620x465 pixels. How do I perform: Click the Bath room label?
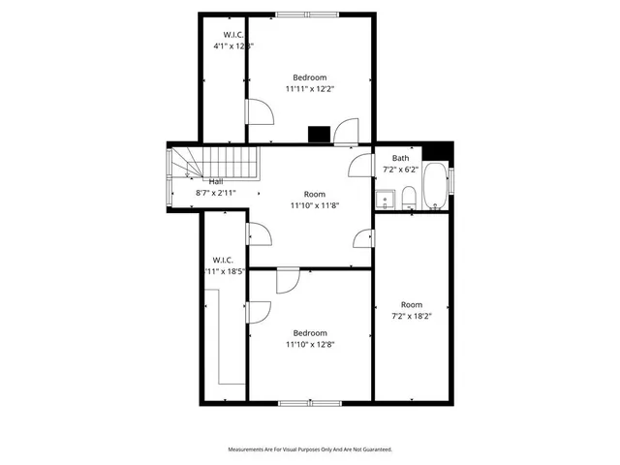point(400,158)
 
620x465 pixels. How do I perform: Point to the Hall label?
point(216,181)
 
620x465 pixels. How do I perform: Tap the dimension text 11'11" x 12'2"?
point(309,88)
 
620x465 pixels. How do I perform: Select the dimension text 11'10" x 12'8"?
point(309,344)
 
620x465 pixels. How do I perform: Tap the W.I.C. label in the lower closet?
point(223,260)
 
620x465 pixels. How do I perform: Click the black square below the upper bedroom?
point(318,136)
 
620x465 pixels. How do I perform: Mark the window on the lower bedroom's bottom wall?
point(309,402)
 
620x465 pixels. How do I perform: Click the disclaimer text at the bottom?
point(309,449)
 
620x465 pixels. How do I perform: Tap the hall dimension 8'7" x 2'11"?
point(215,193)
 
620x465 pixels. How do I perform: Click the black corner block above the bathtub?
point(441,151)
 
